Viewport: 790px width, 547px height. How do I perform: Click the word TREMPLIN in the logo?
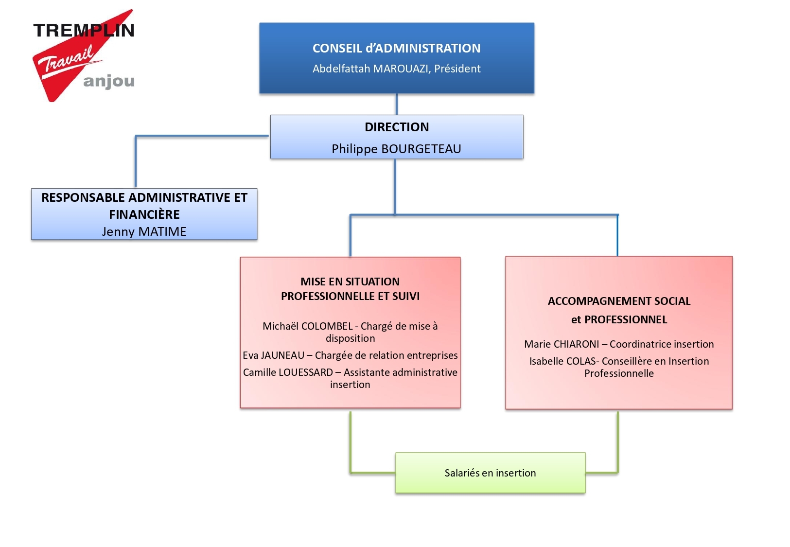pos(84,30)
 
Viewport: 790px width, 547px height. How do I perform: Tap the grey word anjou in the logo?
pos(109,82)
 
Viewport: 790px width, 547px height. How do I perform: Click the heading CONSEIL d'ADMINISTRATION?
pos(396,48)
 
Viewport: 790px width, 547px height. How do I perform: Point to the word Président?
pos(457,69)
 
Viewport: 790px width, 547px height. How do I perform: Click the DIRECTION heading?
pos(397,127)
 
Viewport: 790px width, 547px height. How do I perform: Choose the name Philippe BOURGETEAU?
pos(396,149)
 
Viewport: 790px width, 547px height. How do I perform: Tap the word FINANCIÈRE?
pos(144,214)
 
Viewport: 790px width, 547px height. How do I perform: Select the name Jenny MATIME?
pos(144,232)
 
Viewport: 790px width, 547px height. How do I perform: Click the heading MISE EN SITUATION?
pos(350,282)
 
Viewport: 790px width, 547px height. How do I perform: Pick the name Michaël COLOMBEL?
pos(308,326)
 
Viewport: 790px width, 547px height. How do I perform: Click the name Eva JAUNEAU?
pos(273,355)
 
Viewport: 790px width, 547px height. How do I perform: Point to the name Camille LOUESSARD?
pos(288,372)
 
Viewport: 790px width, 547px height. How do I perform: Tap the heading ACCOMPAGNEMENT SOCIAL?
pos(619,301)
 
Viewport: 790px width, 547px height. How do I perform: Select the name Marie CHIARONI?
pos(562,344)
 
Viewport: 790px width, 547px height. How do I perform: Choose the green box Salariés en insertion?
pos(490,473)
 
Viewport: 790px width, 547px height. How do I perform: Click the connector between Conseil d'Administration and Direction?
pos(397,104)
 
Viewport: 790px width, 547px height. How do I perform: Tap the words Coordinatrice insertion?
pos(662,344)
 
